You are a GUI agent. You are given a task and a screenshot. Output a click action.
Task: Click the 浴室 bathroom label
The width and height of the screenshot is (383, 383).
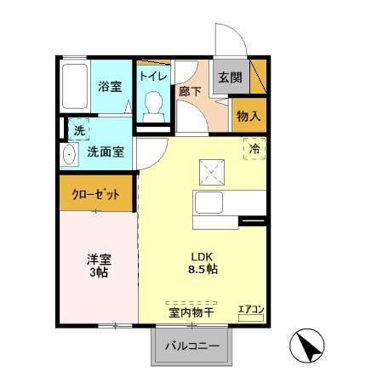(109, 86)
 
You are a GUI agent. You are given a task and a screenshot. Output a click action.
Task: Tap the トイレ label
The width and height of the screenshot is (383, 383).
(153, 75)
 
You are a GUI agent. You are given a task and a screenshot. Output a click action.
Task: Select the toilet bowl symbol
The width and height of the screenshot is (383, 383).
(154, 104)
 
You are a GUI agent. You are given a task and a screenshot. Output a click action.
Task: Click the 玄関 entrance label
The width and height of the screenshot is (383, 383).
(230, 77)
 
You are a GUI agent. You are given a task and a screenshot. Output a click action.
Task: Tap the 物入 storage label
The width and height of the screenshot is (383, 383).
(248, 115)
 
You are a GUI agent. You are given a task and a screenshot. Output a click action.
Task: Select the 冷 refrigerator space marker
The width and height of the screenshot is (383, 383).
(254, 149)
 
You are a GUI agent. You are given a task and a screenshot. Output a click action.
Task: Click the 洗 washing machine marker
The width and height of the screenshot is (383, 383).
(78, 131)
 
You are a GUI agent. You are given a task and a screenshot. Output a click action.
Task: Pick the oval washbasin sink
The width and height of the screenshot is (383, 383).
(69, 155)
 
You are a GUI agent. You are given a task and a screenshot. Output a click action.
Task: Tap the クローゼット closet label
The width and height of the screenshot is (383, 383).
(96, 195)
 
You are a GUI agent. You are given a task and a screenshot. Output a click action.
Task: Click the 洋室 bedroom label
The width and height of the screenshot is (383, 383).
(98, 259)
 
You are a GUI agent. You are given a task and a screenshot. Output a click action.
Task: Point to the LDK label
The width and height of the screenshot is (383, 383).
(201, 254)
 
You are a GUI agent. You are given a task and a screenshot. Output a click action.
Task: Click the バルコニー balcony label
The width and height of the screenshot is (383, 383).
(191, 347)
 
